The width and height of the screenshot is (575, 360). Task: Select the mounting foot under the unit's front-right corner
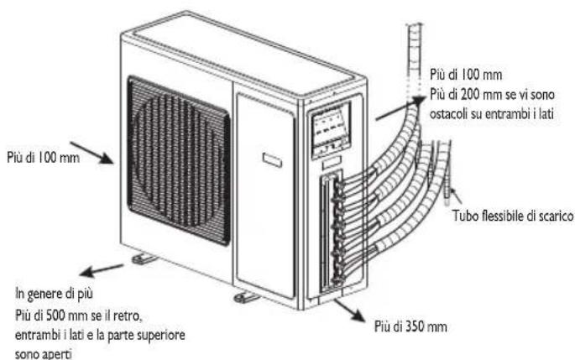click(x=246, y=297)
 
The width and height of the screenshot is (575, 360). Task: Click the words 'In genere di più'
click(x=56, y=294)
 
